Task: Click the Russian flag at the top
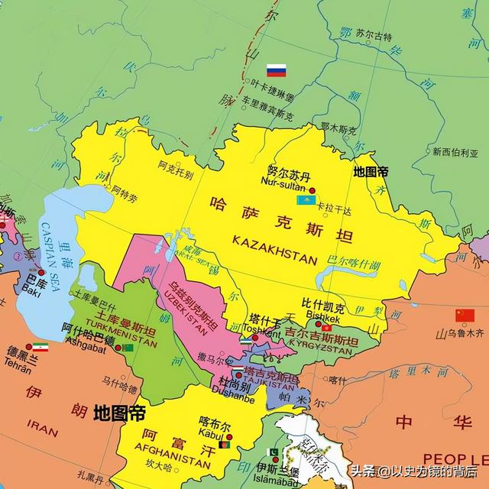coord(276,71)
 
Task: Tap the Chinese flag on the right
coord(465,315)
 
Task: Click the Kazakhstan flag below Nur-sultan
coord(306,201)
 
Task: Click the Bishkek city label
coord(323,318)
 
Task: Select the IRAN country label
coord(42,429)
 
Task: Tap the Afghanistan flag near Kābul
coord(225,445)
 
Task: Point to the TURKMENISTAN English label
coord(117,342)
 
